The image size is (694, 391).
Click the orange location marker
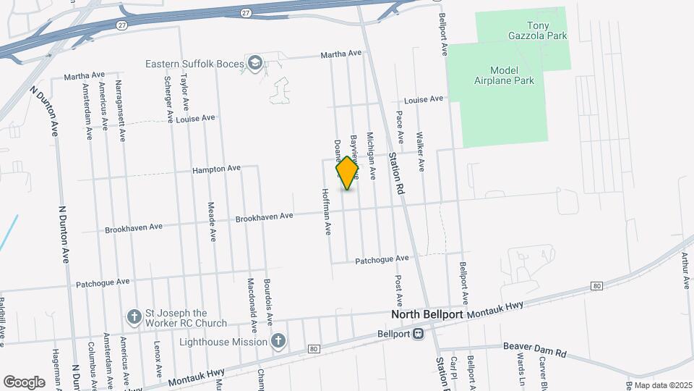[348, 172]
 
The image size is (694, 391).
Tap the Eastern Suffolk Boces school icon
[254, 63]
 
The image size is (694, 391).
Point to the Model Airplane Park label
[512, 75]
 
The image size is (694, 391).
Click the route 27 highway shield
[247, 12]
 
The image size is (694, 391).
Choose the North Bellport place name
[427, 315]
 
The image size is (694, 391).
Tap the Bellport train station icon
[419, 335]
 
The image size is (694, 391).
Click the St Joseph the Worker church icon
[133, 316]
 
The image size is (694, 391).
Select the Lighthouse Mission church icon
[278, 341]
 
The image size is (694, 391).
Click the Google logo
[24, 382]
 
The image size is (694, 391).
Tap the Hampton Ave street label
[216, 169]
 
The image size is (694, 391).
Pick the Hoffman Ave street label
[327, 213]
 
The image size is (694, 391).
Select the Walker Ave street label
[421, 151]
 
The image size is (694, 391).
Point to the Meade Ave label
[213, 221]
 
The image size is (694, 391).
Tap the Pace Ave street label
[400, 127]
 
